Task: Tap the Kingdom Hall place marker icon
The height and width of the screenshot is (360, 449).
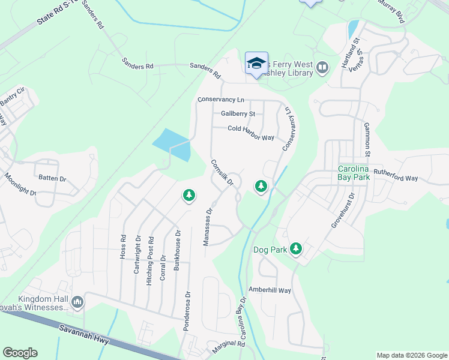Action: [x=77, y=302]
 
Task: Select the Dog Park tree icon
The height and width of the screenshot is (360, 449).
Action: [x=295, y=248]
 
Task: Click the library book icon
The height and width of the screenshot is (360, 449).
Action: [x=322, y=68]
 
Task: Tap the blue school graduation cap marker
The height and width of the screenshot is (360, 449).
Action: [x=256, y=63]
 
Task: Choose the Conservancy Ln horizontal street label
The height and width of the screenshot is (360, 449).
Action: [x=221, y=100]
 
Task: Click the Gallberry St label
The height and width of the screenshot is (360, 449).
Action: [x=238, y=113]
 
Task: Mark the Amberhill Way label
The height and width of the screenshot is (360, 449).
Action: [x=270, y=290]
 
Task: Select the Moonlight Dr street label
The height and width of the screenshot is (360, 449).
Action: [x=20, y=185]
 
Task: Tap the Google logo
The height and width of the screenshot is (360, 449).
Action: [x=20, y=353]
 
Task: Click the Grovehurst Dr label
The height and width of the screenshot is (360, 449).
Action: [x=343, y=210]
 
